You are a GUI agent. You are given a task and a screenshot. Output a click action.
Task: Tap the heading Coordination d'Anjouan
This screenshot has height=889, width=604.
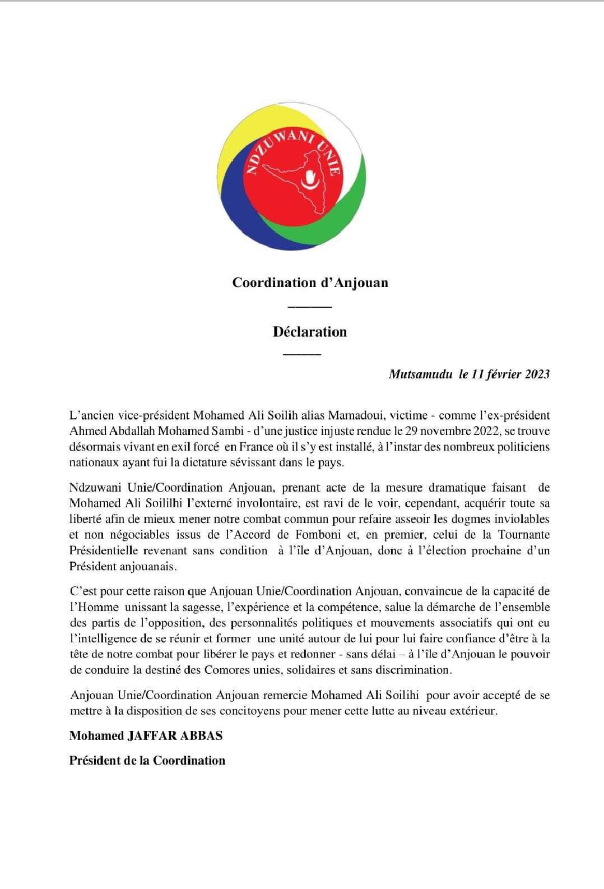point(310,282)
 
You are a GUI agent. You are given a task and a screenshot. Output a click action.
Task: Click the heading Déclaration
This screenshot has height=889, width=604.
point(310,332)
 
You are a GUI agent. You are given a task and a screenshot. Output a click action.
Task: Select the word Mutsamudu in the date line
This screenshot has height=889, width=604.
point(420,374)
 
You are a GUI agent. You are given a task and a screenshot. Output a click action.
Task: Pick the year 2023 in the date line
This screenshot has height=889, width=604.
point(537,374)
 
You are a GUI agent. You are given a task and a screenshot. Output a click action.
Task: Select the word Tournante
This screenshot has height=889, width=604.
point(523,535)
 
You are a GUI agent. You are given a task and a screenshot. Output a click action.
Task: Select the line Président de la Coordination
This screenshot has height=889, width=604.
point(147,761)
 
